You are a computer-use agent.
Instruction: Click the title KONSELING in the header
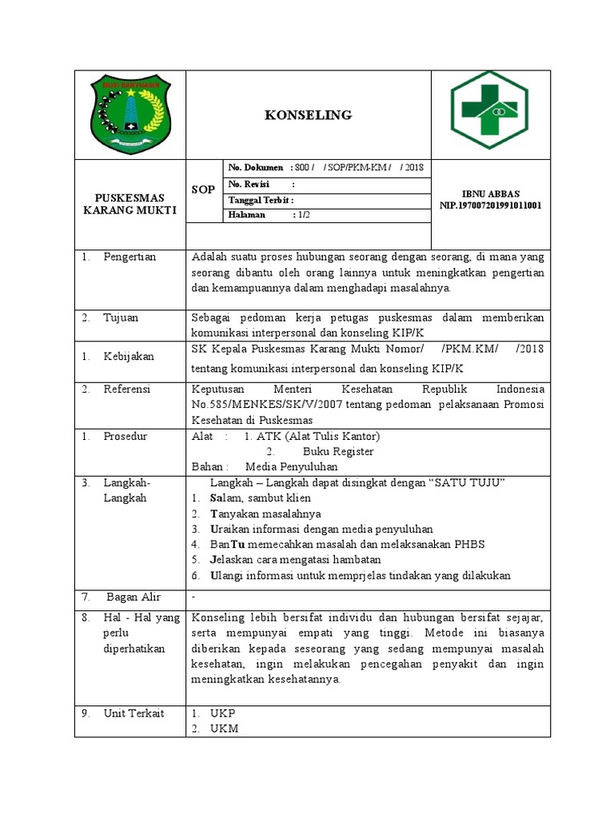[308, 115]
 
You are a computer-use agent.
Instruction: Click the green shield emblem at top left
[130, 115]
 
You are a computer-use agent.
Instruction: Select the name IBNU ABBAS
[491, 194]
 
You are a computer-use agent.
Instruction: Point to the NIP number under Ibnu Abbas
[491, 205]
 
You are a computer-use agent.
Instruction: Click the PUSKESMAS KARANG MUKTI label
[130, 204]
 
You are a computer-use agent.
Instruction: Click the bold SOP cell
[204, 190]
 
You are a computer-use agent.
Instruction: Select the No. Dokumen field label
[256, 167]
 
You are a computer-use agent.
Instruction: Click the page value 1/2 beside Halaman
[304, 215]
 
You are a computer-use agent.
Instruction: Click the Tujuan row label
[121, 318]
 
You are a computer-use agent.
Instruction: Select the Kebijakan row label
[129, 356]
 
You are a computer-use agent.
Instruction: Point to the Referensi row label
[127, 389]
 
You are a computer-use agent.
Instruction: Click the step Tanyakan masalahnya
[265, 513]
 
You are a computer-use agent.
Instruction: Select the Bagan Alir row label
[134, 597]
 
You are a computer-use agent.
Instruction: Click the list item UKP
[223, 713]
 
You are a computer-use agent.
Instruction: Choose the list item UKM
[224, 728]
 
